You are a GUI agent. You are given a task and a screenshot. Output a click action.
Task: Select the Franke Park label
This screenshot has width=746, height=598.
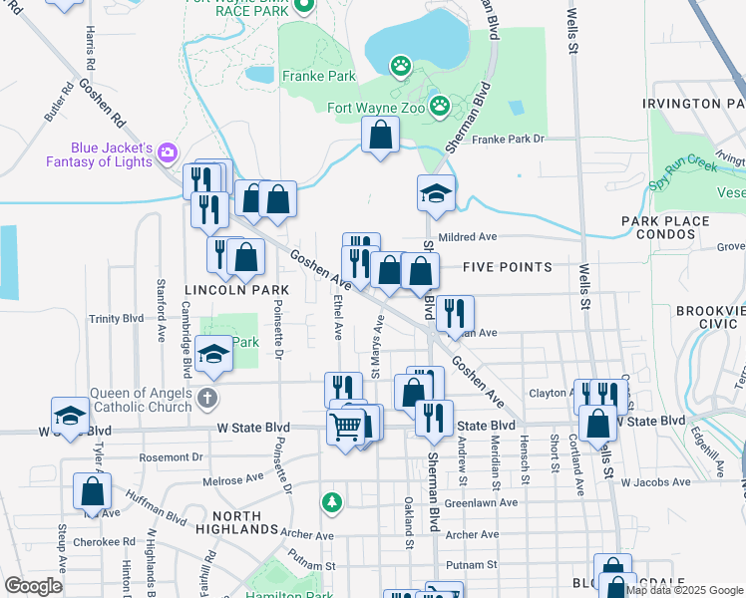[x=319, y=76]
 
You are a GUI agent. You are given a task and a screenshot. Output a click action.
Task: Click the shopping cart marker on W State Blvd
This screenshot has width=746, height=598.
[x=345, y=428]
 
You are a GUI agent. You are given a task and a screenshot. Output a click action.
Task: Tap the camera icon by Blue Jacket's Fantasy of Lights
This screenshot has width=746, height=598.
[x=167, y=151]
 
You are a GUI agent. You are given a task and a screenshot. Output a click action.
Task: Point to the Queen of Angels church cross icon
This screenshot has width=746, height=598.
[x=206, y=400]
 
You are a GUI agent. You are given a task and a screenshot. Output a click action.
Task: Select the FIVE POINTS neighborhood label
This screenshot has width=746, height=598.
[x=507, y=267]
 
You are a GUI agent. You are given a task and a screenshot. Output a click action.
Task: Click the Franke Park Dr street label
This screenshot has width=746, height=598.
[x=509, y=140]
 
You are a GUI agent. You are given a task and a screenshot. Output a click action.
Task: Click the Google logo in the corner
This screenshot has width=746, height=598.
[x=34, y=586]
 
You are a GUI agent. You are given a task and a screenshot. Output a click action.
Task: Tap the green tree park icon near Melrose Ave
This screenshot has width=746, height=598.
[x=331, y=501]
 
